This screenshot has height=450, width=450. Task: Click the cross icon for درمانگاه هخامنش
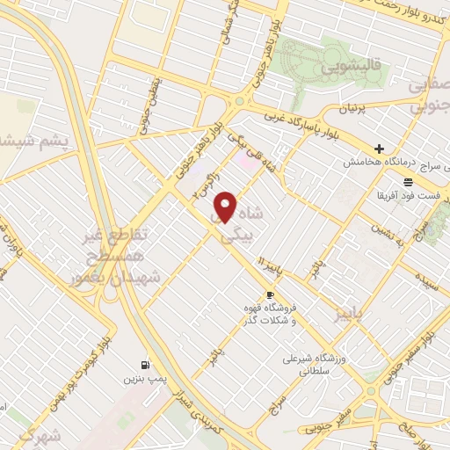tap(379, 149)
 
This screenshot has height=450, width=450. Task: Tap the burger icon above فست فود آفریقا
tap(410, 182)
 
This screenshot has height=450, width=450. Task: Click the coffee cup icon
tap(270, 294)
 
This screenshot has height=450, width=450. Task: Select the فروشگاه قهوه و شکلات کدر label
tap(269, 315)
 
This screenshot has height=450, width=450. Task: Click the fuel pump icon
tap(143, 365)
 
